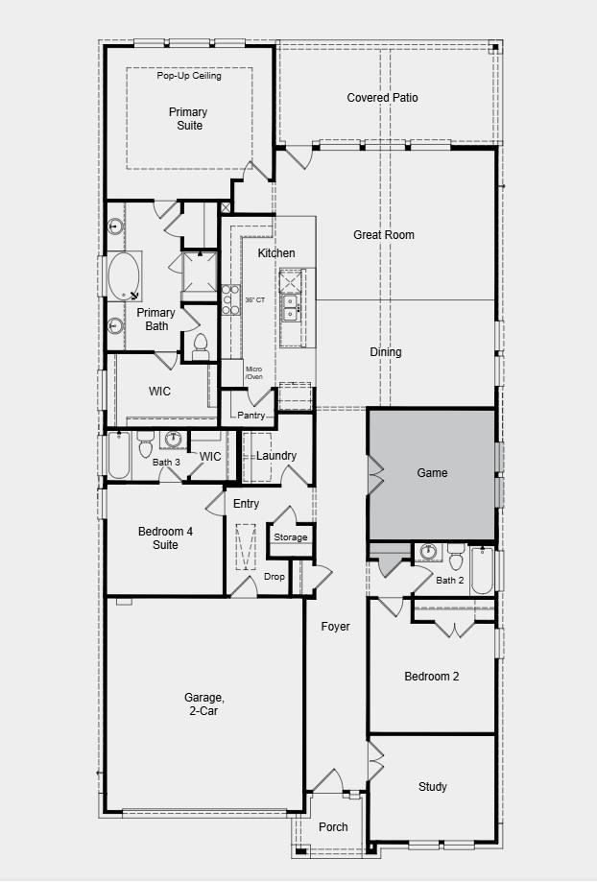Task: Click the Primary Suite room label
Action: (189, 119)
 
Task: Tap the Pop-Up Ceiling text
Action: (189, 76)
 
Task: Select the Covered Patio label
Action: (382, 98)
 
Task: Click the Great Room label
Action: (383, 235)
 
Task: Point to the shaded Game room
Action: (432, 473)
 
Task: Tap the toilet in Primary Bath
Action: (201, 345)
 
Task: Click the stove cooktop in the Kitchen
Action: (229, 299)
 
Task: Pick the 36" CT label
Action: (254, 300)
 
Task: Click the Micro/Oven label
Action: (253, 373)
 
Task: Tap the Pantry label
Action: (251, 416)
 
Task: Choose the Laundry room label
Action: (276, 456)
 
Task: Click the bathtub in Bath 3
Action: (118, 456)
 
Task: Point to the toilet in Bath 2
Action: (456, 556)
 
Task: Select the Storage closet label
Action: (290, 537)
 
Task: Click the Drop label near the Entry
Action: (274, 577)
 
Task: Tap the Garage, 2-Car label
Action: (203, 704)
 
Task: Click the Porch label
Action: (333, 827)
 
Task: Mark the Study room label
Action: (432, 787)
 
